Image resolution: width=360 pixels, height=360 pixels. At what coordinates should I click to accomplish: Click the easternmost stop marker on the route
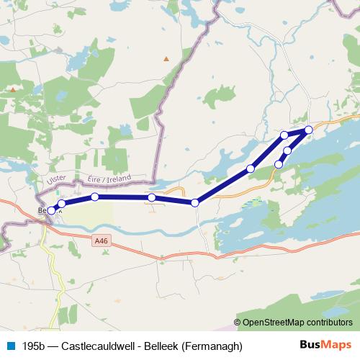[x=309, y=130]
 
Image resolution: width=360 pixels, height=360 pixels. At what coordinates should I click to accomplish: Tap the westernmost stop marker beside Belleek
[x=51, y=210]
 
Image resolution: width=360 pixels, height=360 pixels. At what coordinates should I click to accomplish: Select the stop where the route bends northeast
[x=195, y=202]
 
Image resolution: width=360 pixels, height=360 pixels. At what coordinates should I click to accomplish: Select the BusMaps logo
[x=327, y=345]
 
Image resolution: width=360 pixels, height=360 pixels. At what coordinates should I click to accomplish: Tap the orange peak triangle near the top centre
[x=167, y=58]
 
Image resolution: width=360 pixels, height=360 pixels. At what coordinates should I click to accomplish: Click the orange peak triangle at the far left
[x=12, y=90]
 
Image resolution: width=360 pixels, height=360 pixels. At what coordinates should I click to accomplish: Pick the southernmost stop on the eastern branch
[x=279, y=164]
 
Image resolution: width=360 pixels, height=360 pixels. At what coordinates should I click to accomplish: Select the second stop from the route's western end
[x=62, y=204]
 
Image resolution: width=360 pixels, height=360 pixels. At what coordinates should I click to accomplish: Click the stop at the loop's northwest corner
[x=284, y=135]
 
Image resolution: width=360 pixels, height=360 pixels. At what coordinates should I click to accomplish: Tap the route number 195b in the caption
[x=34, y=346]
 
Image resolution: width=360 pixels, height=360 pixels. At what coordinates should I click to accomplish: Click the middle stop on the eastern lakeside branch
[x=287, y=150]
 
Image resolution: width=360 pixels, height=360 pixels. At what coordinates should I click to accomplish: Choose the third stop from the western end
[x=95, y=197]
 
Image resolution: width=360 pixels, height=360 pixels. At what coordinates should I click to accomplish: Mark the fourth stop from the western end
[x=151, y=197]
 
